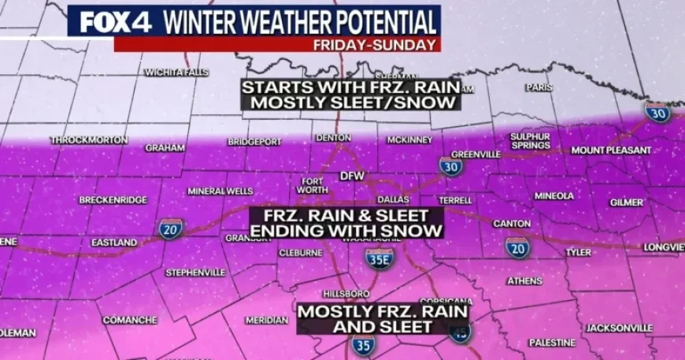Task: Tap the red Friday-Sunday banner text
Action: click(x=374, y=45)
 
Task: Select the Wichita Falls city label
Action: click(x=172, y=72)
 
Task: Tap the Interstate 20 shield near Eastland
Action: click(x=171, y=228)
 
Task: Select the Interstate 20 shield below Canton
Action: click(x=517, y=247)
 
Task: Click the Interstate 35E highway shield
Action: click(x=380, y=258)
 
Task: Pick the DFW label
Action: click(x=351, y=176)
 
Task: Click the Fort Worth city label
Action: click(x=313, y=185)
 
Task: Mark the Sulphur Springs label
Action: click(x=530, y=140)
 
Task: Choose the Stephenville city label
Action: click(x=195, y=273)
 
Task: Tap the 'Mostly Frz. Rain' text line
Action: click(x=383, y=312)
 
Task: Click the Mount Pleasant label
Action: click(x=611, y=150)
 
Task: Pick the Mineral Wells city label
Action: click(x=220, y=191)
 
